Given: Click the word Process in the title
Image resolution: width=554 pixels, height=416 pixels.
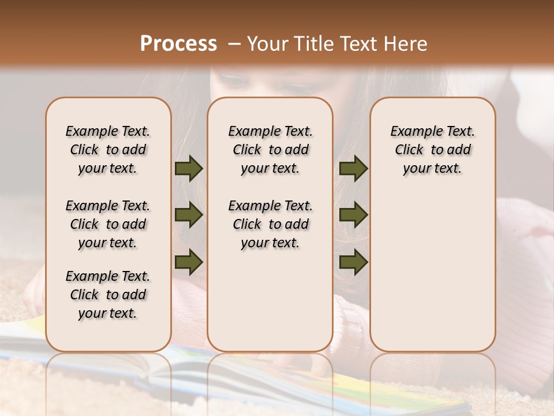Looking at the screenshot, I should click(178, 44).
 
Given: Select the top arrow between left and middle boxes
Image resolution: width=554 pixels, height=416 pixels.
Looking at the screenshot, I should click(189, 169).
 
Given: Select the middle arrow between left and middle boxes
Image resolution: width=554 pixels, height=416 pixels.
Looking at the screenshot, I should click(189, 215).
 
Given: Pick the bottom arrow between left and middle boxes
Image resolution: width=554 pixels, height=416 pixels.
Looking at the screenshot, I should click(189, 262).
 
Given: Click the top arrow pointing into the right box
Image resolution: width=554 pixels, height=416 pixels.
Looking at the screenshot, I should click(353, 169).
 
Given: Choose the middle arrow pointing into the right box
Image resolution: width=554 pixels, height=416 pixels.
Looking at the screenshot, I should click(353, 215).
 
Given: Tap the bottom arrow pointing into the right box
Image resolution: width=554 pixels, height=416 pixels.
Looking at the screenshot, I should click(353, 262).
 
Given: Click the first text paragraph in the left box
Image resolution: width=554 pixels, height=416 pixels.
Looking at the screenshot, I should click(108, 150).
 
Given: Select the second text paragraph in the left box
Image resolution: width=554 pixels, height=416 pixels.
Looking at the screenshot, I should click(108, 224).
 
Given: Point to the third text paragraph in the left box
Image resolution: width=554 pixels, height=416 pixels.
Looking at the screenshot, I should click(108, 295).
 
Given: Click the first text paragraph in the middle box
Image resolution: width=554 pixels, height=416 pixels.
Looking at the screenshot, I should click(270, 150).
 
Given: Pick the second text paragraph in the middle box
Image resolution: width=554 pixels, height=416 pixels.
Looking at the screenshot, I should click(270, 224).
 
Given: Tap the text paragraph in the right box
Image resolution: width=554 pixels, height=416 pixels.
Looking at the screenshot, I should click(432, 150).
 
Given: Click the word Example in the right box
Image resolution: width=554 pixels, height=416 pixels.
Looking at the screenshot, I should click(411, 132).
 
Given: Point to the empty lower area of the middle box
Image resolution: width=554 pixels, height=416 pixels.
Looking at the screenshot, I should click(270, 300).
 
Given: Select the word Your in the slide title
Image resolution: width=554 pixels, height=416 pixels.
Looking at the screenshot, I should click(267, 44).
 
